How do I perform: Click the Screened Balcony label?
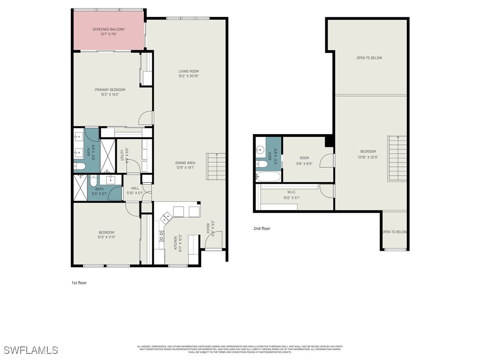click(x=108, y=29)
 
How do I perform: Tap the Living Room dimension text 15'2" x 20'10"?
click(x=188, y=76)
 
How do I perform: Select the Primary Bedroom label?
click(x=110, y=90)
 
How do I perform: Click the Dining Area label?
click(x=185, y=163)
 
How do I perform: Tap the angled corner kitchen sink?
click(x=166, y=217)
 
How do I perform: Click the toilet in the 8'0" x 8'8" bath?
click(x=79, y=166)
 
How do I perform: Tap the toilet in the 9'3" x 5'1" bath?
click(x=93, y=181)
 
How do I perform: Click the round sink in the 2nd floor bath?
click(x=260, y=150)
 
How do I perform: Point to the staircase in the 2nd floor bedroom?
click(x=397, y=158)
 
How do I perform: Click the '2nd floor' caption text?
click(x=262, y=229)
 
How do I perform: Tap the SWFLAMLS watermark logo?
click(x=30, y=350)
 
